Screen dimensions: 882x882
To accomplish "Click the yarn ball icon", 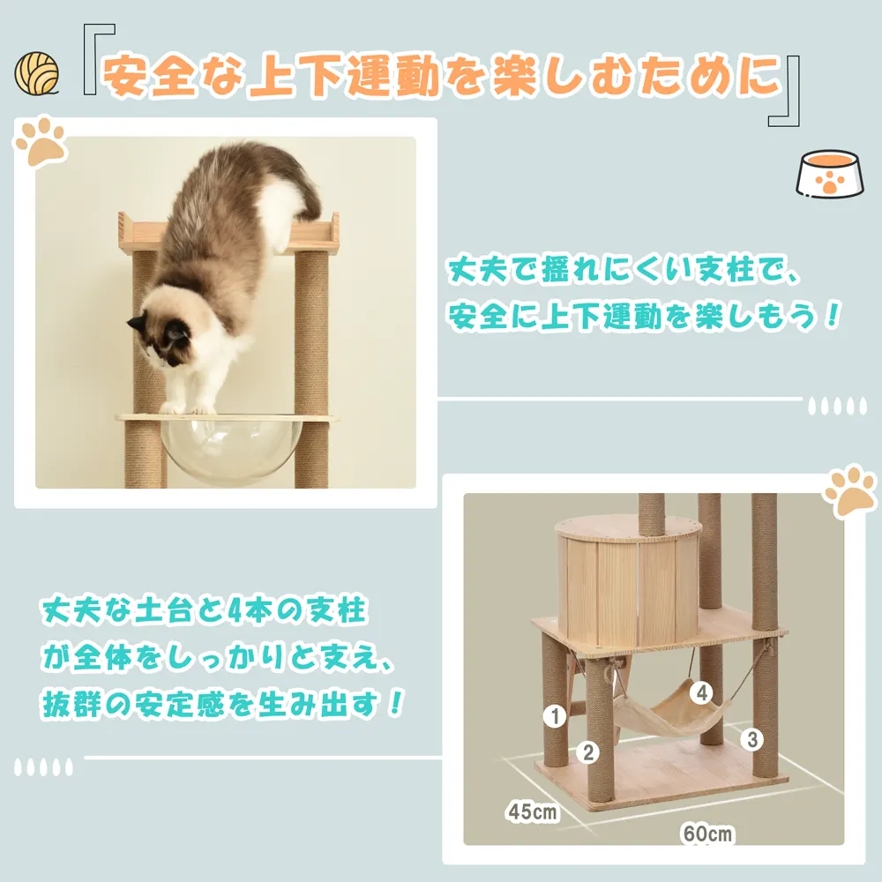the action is pyautogui.click(x=36, y=73).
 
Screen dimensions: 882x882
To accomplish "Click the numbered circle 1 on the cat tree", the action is pyautogui.click(x=555, y=716).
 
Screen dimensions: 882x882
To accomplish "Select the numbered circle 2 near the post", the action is pyautogui.click(x=587, y=752).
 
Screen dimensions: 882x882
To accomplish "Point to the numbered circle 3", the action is pyautogui.click(x=752, y=740).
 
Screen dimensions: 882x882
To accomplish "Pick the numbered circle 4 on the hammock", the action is pyautogui.click(x=702, y=692).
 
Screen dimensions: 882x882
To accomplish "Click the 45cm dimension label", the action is pyautogui.click(x=532, y=811).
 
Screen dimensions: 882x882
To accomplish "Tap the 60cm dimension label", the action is pyautogui.click(x=707, y=833).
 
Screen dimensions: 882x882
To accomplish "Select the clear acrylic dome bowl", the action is pyautogui.click(x=230, y=450).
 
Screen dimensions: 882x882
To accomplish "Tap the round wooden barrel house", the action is pyautogui.click(x=629, y=582).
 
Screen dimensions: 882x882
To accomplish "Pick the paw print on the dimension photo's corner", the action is pyautogui.click(x=850, y=490).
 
